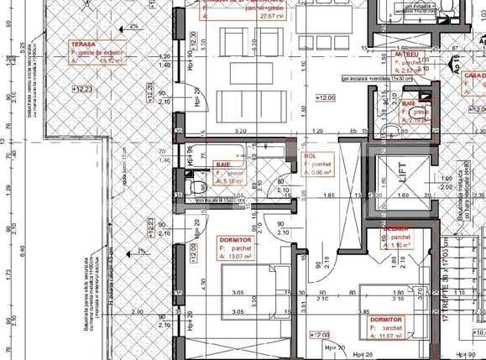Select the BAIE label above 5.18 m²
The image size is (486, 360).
pos(223,164)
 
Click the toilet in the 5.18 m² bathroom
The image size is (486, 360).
pos(194,186)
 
